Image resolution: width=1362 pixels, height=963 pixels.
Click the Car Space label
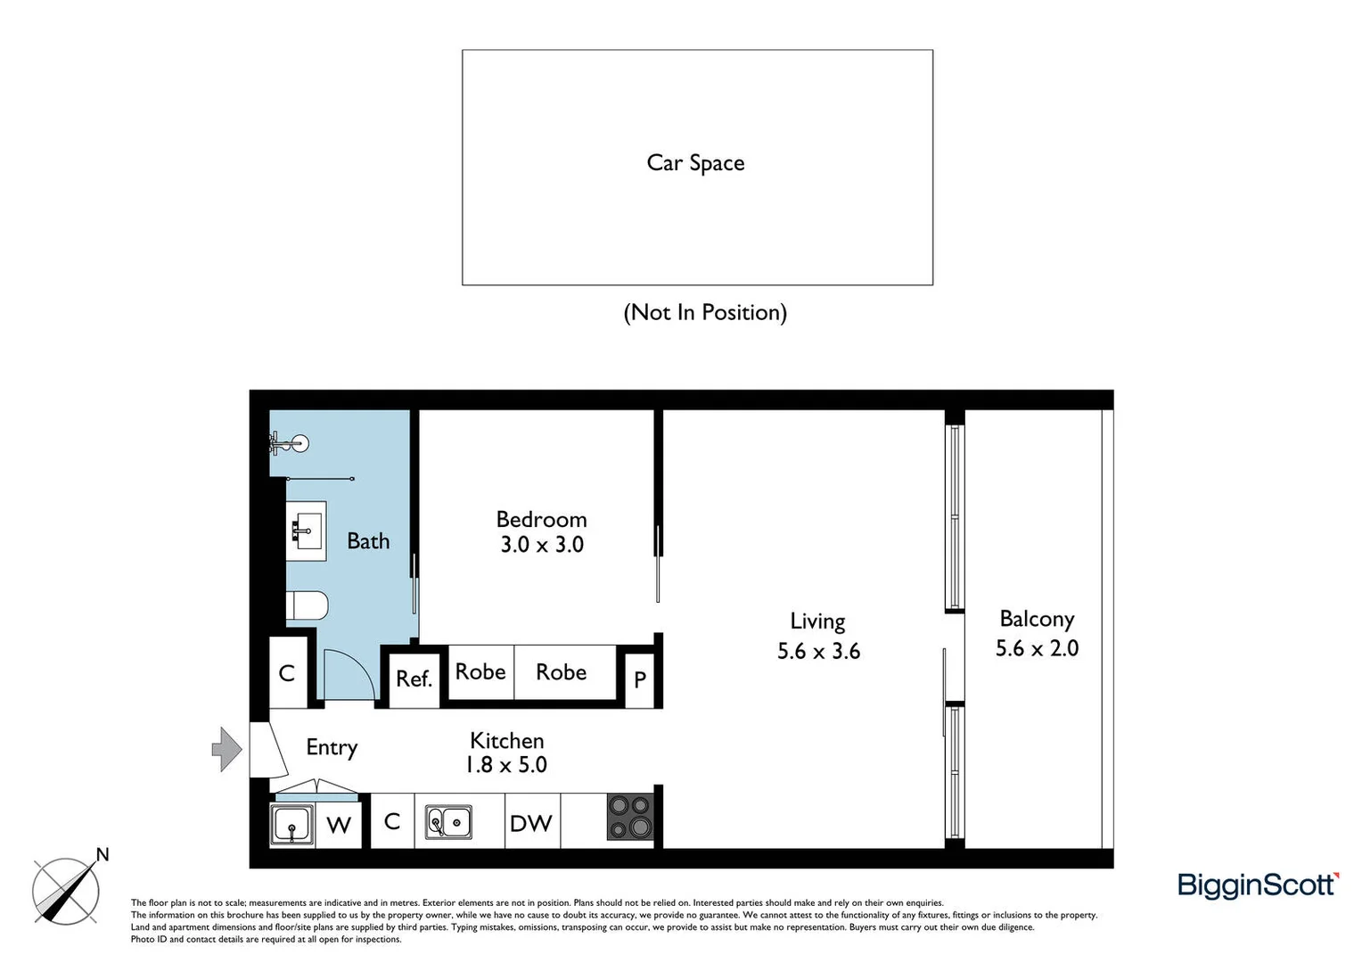pyautogui.click(x=695, y=163)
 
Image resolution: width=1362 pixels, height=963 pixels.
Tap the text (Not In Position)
pyautogui.click(x=704, y=312)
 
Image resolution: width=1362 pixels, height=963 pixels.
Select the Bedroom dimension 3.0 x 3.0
pyautogui.click(x=541, y=545)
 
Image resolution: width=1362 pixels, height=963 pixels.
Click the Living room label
pyautogui.click(x=817, y=621)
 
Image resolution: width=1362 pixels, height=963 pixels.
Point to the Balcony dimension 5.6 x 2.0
pyautogui.click(x=1037, y=648)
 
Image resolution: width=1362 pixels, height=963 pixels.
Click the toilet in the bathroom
pyautogui.click(x=307, y=605)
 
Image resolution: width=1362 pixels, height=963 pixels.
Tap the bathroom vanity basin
pyautogui.click(x=306, y=531)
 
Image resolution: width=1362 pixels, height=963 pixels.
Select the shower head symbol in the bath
pyautogui.click(x=299, y=442)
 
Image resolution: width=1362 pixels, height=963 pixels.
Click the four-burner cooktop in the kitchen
pyautogui.click(x=629, y=818)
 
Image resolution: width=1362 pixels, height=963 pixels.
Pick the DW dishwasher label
pyautogui.click(x=530, y=823)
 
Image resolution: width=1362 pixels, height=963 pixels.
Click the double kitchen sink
pyautogui.click(x=448, y=821)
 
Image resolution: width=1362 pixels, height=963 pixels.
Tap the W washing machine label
pyautogui.click(x=339, y=825)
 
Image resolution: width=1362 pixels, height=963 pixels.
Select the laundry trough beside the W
pyautogui.click(x=291, y=823)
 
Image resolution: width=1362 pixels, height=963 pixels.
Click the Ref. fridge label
pyautogui.click(x=414, y=679)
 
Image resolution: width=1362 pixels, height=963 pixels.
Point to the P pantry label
pyautogui.click(x=640, y=679)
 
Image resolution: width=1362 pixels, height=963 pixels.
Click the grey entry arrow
pyautogui.click(x=226, y=748)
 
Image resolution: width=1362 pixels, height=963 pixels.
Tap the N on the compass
pyautogui.click(x=103, y=854)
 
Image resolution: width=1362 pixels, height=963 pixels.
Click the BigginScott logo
pyautogui.click(x=1258, y=885)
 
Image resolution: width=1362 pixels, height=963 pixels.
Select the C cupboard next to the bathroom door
pyautogui.click(x=287, y=673)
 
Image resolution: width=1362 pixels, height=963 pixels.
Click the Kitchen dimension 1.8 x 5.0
pyautogui.click(x=505, y=765)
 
